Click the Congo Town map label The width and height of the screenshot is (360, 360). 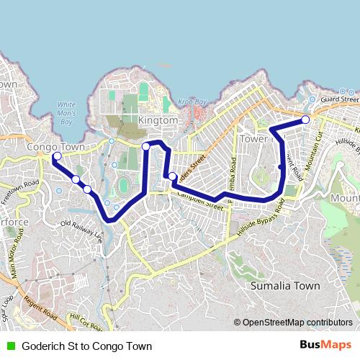(55, 146)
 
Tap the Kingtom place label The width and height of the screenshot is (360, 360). (158, 121)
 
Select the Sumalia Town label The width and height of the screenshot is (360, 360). (284, 286)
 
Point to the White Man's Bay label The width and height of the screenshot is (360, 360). (66, 113)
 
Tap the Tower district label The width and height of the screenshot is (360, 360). (256, 138)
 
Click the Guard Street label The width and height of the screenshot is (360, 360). (340, 99)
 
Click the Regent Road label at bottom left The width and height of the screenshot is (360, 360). (40, 307)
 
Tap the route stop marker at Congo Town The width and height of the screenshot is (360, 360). (57, 156)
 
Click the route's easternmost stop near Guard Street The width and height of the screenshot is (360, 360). (305, 120)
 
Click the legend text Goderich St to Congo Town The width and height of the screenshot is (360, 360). (86, 346)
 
